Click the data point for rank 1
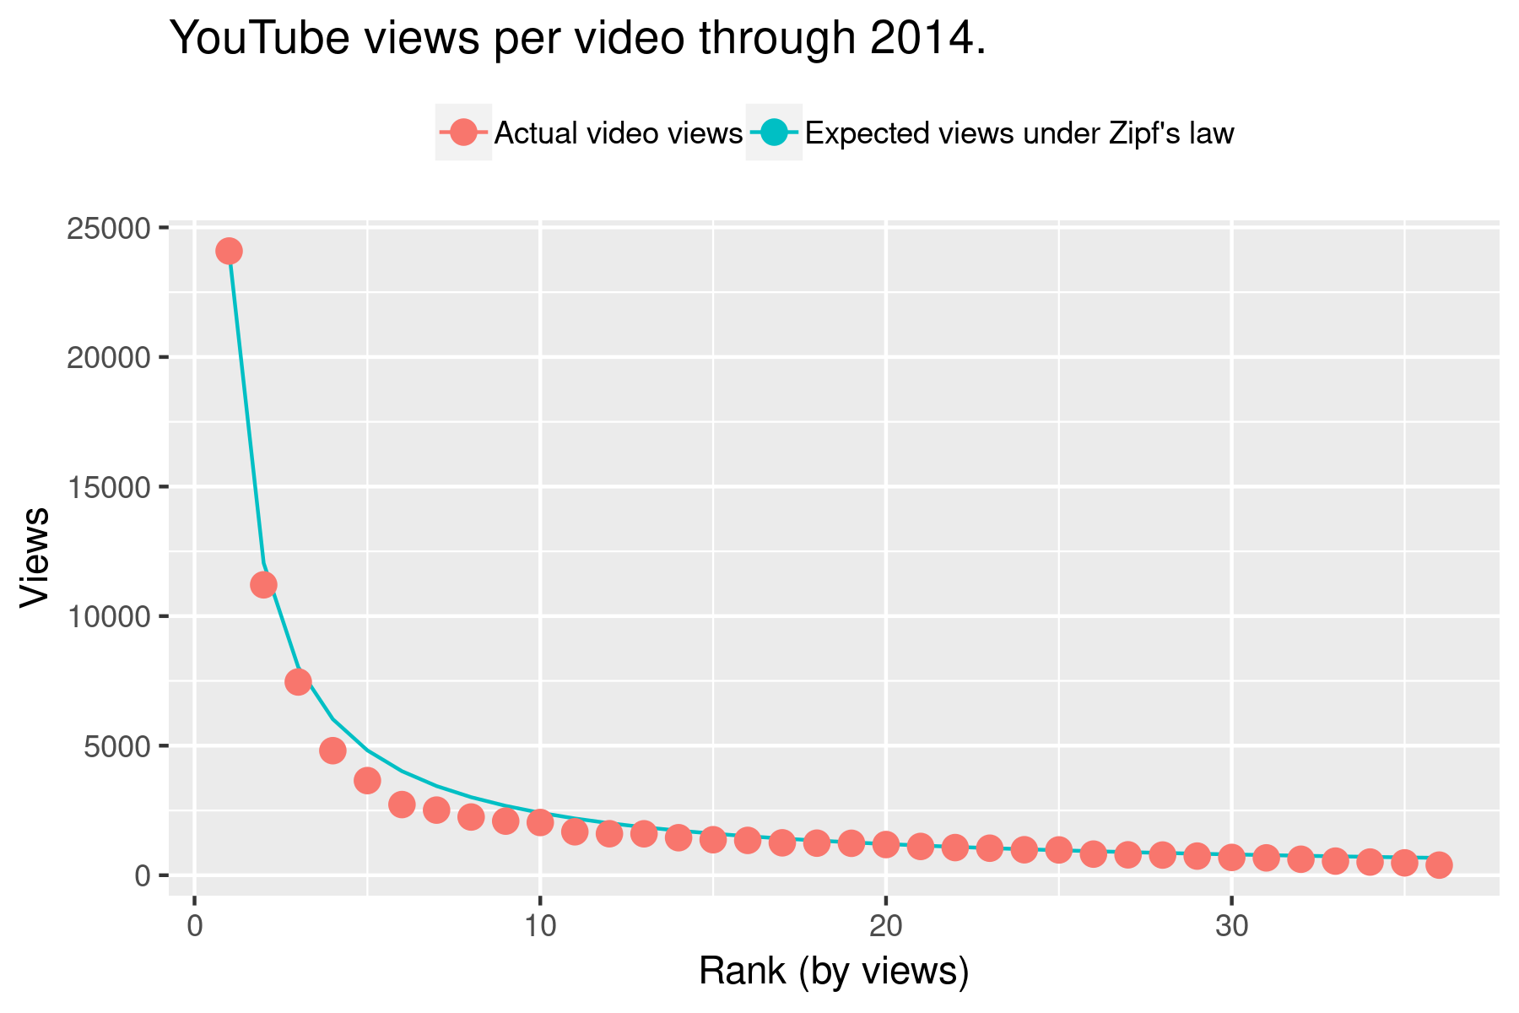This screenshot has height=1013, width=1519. point(229,251)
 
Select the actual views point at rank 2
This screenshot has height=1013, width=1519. point(263,585)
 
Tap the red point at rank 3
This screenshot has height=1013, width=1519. point(298,681)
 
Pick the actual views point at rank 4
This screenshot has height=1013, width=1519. point(332,750)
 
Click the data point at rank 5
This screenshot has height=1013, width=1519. point(367,780)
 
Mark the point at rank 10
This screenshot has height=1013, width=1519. point(540,821)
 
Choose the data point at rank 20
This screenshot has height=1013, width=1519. point(885,843)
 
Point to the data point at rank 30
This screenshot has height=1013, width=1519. point(1231,857)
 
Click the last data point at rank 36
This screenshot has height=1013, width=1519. point(1439,864)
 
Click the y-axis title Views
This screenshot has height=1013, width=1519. point(35,557)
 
